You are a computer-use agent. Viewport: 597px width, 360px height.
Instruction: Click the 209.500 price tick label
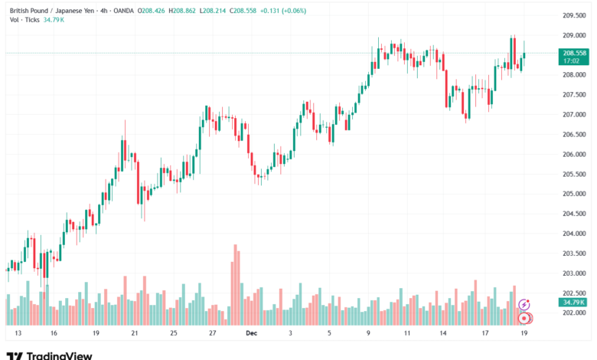pyautogui.click(x=574, y=15)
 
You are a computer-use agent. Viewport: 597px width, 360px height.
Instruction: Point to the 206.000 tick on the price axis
pyautogui.click(x=574, y=154)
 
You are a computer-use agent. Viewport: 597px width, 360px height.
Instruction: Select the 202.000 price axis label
pyautogui.click(x=574, y=313)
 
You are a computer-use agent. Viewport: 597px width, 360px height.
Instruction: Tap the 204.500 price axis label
pyautogui.click(x=574, y=214)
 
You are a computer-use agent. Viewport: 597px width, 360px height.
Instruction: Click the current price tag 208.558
pyautogui.click(x=575, y=53)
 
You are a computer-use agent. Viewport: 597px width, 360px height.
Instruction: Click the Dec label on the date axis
pyautogui.click(x=251, y=334)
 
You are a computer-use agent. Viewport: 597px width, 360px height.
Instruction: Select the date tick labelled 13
pyautogui.click(x=18, y=334)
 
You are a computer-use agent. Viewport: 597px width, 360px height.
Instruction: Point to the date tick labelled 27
pyautogui.click(x=212, y=334)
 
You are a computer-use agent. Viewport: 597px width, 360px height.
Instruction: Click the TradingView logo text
pyautogui.click(x=59, y=355)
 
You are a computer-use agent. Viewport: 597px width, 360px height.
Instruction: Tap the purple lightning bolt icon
pyautogui.click(x=524, y=305)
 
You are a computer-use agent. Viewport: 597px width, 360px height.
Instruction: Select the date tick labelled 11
pyautogui.click(x=407, y=334)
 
